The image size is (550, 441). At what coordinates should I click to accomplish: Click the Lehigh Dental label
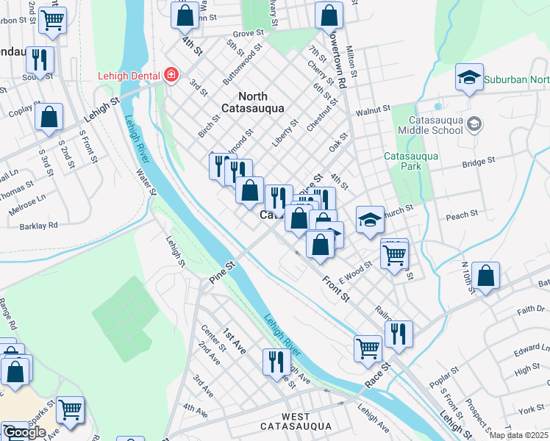pos(129,75)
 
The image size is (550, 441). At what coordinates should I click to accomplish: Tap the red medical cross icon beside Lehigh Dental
pos(171,75)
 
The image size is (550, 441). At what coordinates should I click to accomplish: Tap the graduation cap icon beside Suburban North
pos(468,78)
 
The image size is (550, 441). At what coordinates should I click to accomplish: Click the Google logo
pos(24,432)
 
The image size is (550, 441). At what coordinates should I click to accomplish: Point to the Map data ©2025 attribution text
pos(518,435)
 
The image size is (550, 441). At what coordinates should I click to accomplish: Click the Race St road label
pos(380,374)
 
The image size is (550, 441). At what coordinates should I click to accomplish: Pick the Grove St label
pos(248,34)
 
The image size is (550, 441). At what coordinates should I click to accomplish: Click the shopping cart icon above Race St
pos(368,347)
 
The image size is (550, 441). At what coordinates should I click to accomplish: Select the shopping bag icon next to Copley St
pos(49,116)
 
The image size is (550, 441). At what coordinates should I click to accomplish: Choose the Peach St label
pos(462,215)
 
